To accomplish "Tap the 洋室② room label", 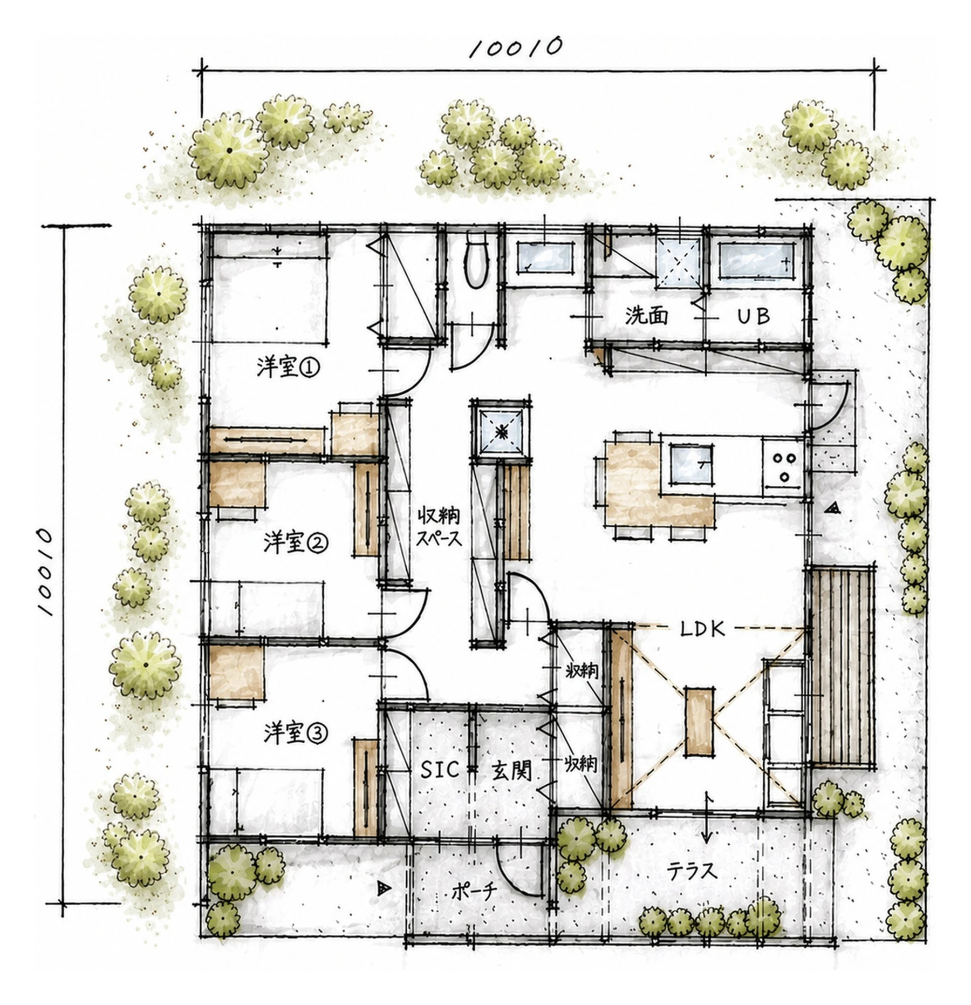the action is (x=295, y=542).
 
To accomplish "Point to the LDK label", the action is (x=702, y=629).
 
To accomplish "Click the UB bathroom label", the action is (x=754, y=316).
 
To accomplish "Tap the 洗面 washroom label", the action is (x=646, y=315).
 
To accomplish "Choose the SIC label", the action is (x=440, y=770).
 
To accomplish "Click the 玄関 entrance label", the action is (x=511, y=771).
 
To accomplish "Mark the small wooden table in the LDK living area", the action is (x=699, y=721).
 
